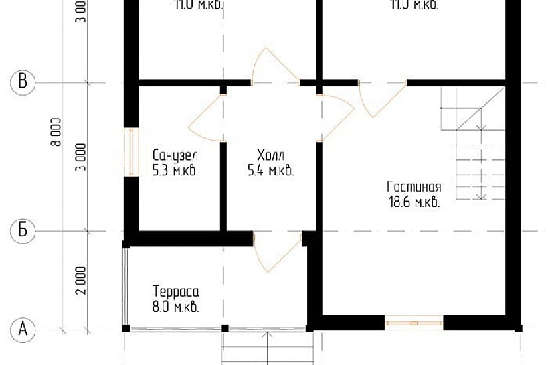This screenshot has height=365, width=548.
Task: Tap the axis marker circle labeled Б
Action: pyautogui.click(x=23, y=231)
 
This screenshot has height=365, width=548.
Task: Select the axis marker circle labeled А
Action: pyautogui.click(x=23, y=328)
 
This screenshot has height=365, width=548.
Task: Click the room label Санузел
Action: pyautogui.click(x=175, y=155)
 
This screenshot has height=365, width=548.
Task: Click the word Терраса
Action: pyautogui.click(x=176, y=292)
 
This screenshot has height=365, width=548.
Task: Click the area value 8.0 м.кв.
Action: pyautogui.click(x=176, y=307)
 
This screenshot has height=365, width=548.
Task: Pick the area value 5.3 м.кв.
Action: pyautogui.click(x=175, y=171)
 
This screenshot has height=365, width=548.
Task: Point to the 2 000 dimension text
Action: pyautogui.click(x=80, y=280)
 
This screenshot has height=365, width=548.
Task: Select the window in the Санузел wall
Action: pyautogui.click(x=132, y=152)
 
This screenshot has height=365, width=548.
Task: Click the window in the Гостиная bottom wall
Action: pyautogui.click(x=414, y=323)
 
